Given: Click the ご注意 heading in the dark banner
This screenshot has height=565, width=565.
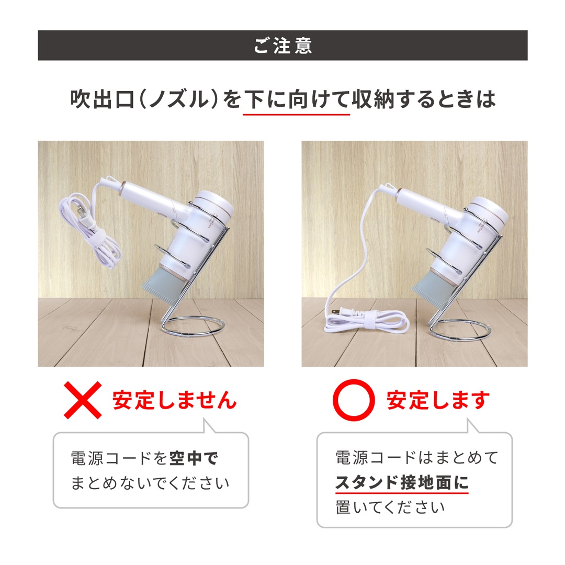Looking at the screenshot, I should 282,46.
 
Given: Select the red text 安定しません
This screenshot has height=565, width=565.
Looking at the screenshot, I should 174,401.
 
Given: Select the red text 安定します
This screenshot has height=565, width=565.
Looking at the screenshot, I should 438,401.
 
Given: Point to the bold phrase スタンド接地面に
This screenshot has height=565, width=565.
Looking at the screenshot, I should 402,482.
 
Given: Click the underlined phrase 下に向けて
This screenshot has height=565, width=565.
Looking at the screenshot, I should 297,99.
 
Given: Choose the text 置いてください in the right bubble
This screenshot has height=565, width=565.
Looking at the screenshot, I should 390,506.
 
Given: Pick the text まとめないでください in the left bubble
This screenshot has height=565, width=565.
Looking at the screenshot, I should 150,482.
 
